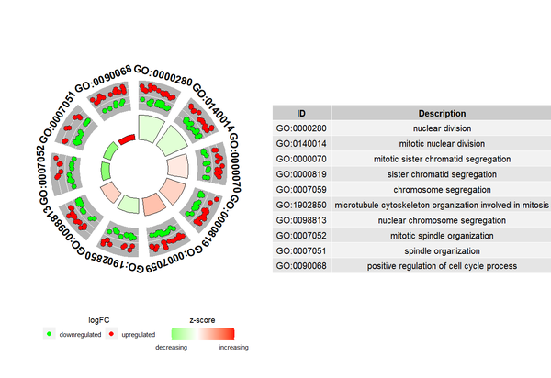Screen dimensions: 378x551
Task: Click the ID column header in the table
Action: click(300, 113)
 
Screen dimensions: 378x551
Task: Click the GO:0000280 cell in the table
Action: click(300, 128)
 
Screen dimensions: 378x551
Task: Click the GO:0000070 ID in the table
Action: click(300, 159)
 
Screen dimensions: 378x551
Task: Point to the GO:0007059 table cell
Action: click(300, 189)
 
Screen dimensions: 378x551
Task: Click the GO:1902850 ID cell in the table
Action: click(300, 205)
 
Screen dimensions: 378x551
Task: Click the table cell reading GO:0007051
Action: click(300, 250)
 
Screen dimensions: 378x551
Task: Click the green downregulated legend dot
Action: click(50, 336)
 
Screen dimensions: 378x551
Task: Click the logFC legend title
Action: click(98, 319)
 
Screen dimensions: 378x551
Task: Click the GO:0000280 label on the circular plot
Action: click(163, 69)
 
